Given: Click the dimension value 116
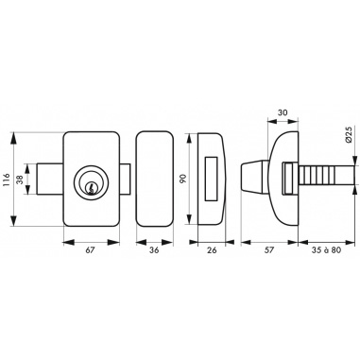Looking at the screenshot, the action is pyautogui.click(x=7, y=180).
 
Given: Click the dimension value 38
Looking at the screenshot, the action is pyautogui.click(x=20, y=180).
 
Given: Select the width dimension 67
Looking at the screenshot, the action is pyautogui.click(x=91, y=250).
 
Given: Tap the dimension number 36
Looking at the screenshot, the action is pyautogui.click(x=154, y=250).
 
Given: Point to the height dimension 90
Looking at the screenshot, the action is pyautogui.click(x=183, y=179).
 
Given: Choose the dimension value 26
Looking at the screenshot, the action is pyautogui.click(x=213, y=250).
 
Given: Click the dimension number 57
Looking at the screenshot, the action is pyautogui.click(x=269, y=250).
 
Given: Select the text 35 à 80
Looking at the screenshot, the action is pyautogui.click(x=326, y=250).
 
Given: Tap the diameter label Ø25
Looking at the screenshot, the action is pyautogui.click(x=348, y=135).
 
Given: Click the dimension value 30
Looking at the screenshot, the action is pyautogui.click(x=283, y=112).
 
